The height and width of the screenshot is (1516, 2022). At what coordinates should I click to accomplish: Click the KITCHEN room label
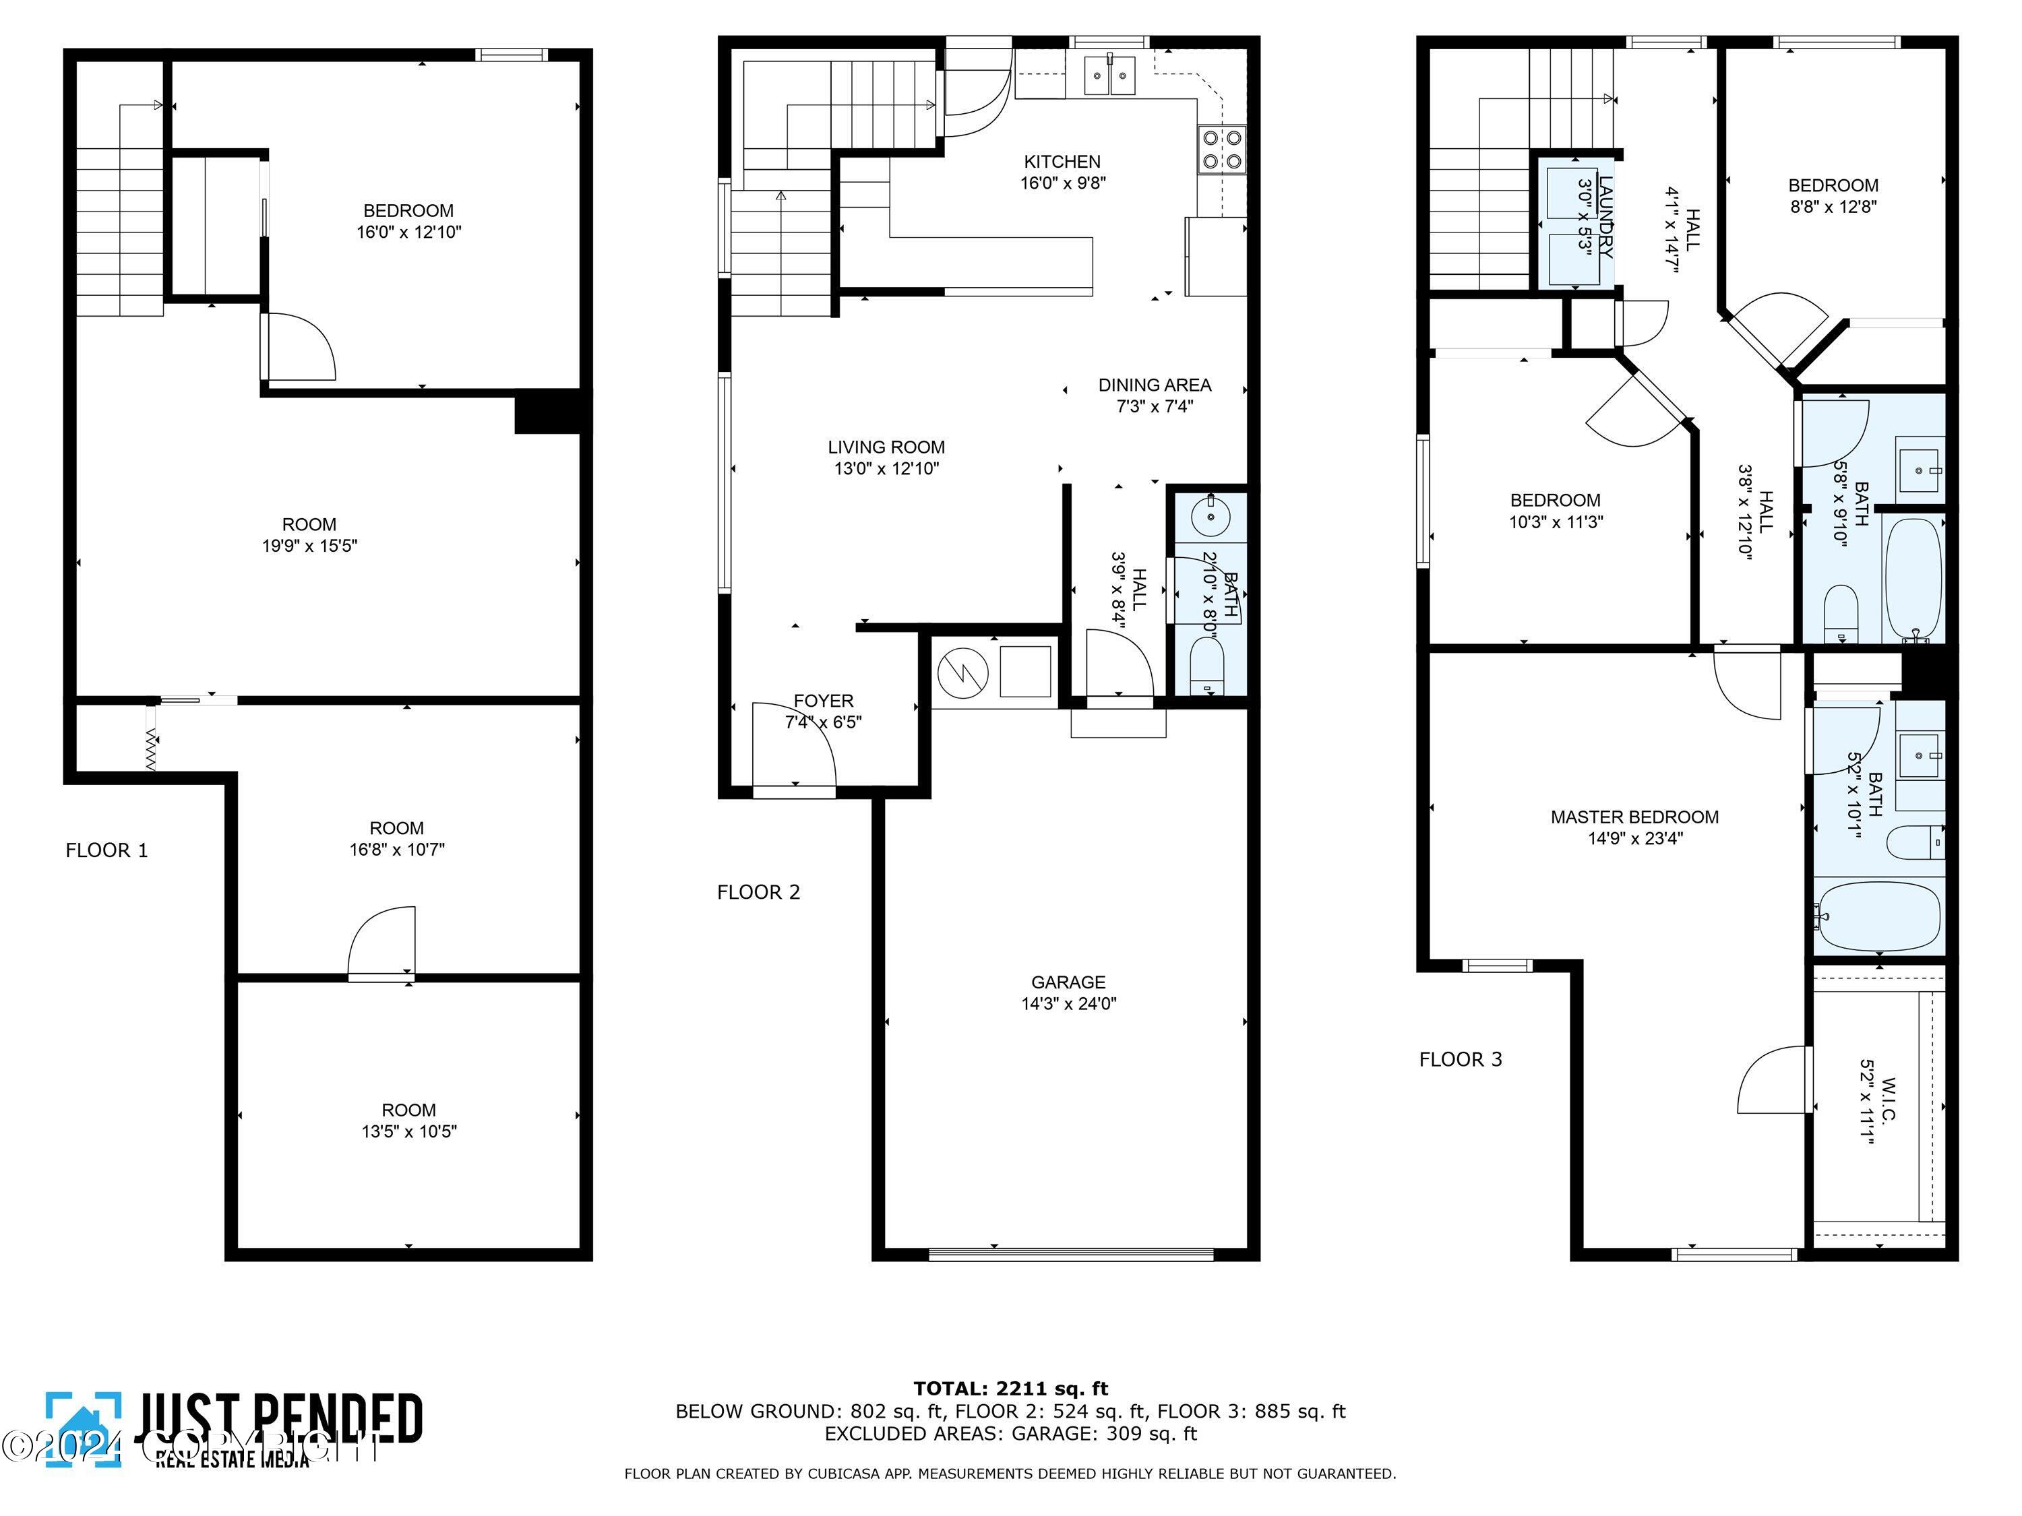click(1062, 162)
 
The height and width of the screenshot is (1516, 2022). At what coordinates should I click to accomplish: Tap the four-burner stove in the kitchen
click(1221, 150)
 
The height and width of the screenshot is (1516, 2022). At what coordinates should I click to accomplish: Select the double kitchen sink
click(1109, 76)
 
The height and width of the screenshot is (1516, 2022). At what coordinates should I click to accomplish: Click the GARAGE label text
click(1068, 982)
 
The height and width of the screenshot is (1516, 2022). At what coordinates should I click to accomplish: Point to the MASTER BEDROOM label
click(1634, 817)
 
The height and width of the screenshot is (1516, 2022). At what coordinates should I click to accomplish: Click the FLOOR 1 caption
click(106, 851)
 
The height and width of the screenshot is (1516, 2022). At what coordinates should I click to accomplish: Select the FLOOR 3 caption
click(1460, 1060)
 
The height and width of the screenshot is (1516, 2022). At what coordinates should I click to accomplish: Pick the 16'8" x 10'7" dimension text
click(397, 850)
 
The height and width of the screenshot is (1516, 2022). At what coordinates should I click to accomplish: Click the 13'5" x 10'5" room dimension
click(408, 1132)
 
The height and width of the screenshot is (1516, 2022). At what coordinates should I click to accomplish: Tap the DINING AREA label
click(1155, 385)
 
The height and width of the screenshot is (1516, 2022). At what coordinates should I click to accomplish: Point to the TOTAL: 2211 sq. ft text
click(1010, 1389)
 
